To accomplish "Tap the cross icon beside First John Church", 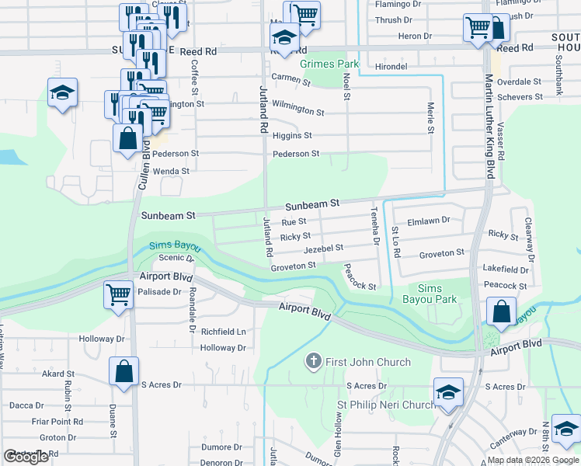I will pos(314,362).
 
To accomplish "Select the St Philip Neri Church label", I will pos(385,405).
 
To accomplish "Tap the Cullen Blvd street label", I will pos(144,166).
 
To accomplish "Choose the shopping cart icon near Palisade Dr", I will pos(119,294).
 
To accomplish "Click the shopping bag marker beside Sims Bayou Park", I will pos(502,311).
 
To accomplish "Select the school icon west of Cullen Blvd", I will pos(61,93).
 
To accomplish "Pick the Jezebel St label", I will pos(324,249).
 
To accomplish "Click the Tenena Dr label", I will pos(374,226).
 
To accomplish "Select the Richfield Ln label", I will pos(224,332).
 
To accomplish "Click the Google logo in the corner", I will pos(26,457).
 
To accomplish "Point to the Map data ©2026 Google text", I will pos(533,460).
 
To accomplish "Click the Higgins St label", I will pos(292,135).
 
